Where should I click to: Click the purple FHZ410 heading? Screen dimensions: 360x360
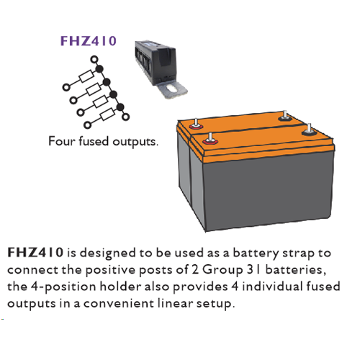pyautogui.click(x=89, y=41)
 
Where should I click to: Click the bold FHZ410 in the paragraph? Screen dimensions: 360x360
pyautogui.click(x=35, y=253)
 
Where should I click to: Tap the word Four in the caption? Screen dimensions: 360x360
pyautogui.click(x=62, y=141)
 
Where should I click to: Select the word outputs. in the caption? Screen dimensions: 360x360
pyautogui.click(x=135, y=142)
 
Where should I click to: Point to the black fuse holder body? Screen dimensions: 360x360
pyautogui.click(x=156, y=61)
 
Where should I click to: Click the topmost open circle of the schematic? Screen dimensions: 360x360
pyautogui.click(x=94, y=59)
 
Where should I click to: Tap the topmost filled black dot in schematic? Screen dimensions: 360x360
pyautogui.click(x=99, y=69)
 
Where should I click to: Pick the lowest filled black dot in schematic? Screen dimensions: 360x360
pyautogui.click(x=120, y=107)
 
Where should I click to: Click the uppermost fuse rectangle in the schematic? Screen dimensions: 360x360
pyautogui.click(x=86, y=76)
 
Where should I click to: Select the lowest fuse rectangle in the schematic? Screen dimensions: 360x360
pyautogui.click(x=107, y=114)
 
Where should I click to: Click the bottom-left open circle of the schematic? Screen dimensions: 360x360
pyautogui.click(x=88, y=125)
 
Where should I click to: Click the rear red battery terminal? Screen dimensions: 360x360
pyautogui.click(x=196, y=125)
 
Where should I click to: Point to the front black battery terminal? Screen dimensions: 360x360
pyautogui.click(x=309, y=131)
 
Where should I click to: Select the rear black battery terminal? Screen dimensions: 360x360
pyautogui.click(x=284, y=117)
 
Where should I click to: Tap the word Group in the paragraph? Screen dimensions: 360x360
pyautogui.click(x=222, y=271)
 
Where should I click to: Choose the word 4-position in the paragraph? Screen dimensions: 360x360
pyautogui.click(x=63, y=287)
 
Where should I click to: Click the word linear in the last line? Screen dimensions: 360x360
pyautogui.click(x=176, y=303)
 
